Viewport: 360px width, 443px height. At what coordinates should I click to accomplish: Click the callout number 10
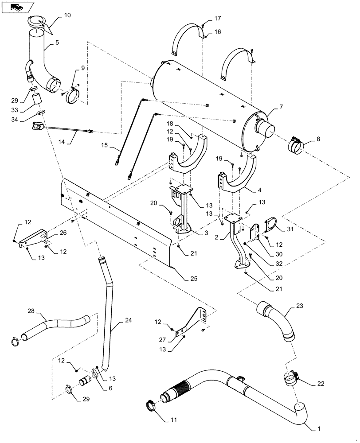67,15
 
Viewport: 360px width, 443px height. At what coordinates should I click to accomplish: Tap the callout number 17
218,18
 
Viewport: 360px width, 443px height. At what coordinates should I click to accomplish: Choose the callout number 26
63,233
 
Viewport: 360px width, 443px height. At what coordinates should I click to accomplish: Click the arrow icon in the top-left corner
17,7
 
